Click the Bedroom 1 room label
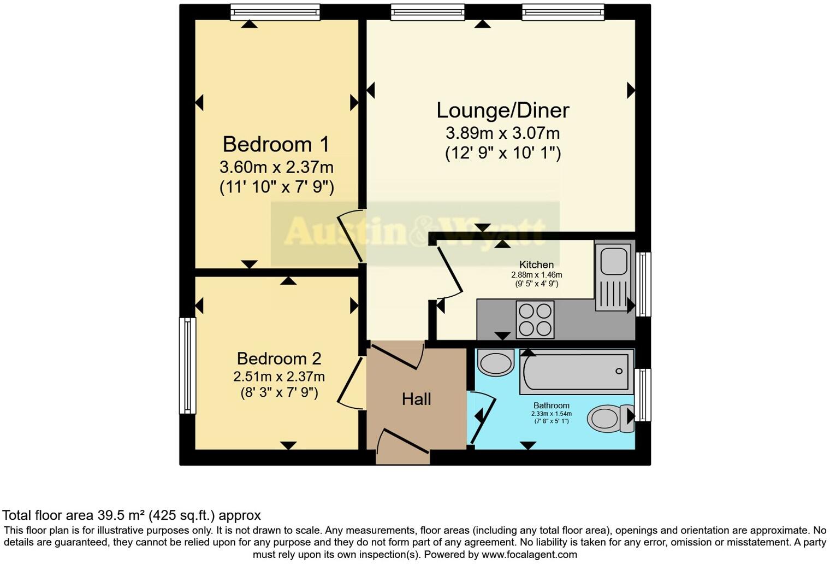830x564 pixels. (276, 144)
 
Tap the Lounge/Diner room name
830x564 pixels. (502, 110)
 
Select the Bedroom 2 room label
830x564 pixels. (279, 359)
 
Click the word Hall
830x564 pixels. (416, 399)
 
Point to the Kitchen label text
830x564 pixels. (536, 265)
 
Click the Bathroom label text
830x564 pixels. (551, 406)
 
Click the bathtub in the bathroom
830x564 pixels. (576, 372)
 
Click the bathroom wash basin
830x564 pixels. (495, 362)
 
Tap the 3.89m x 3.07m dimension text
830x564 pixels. (502, 133)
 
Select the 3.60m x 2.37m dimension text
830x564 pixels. (276, 166)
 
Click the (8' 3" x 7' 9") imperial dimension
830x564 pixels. (279, 392)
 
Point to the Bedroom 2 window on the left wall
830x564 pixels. (187, 366)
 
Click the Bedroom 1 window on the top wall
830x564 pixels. (275, 11)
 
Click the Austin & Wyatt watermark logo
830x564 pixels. (415, 232)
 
